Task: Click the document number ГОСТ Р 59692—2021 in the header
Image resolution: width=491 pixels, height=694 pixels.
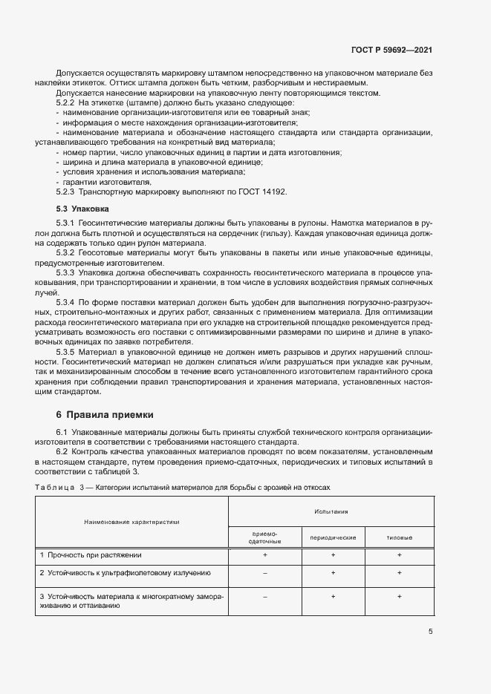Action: click(x=391, y=50)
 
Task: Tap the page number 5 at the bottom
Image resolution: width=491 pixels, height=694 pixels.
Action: click(x=430, y=632)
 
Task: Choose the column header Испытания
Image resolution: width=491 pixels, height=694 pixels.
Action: click(x=331, y=512)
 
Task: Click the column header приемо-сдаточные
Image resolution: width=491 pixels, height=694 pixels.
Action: click(x=264, y=537)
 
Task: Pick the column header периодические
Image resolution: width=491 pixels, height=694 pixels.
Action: click(x=333, y=537)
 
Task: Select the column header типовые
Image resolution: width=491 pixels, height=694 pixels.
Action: click(x=400, y=537)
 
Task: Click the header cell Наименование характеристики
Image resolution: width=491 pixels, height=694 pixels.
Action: click(x=131, y=522)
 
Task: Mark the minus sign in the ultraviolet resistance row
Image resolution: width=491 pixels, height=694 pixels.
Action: click(x=264, y=573)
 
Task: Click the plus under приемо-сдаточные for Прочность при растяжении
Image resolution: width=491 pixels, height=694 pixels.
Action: click(x=264, y=554)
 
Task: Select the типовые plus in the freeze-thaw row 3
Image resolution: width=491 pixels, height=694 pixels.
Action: click(x=400, y=596)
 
